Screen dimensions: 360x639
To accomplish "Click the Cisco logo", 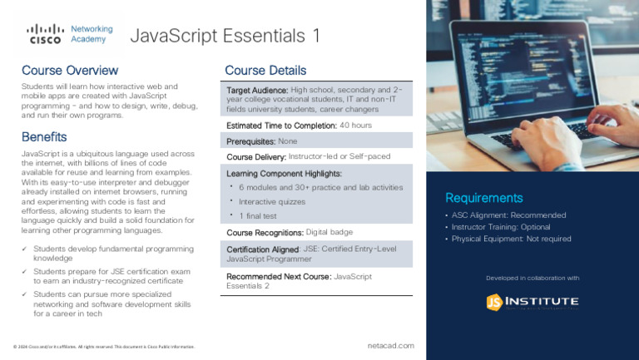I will coord(45,34).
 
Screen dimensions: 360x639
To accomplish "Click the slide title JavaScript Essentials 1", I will coord(225,36).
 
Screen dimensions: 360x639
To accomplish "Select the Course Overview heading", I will coord(70,70).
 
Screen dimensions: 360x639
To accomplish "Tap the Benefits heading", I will coord(44,136).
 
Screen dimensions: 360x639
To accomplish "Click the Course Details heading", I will coord(265,71).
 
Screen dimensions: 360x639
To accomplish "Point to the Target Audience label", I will coord(257,90).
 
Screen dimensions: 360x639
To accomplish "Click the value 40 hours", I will coord(355,125).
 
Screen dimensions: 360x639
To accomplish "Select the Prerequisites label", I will coord(250,141).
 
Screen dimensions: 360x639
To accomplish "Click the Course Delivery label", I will coord(256,156).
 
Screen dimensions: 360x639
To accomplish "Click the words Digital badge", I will coord(329,232).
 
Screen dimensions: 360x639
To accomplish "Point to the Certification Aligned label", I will coord(263,249).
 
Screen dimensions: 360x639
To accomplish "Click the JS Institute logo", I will coord(532,302).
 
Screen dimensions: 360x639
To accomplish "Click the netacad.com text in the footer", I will coord(390,345).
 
